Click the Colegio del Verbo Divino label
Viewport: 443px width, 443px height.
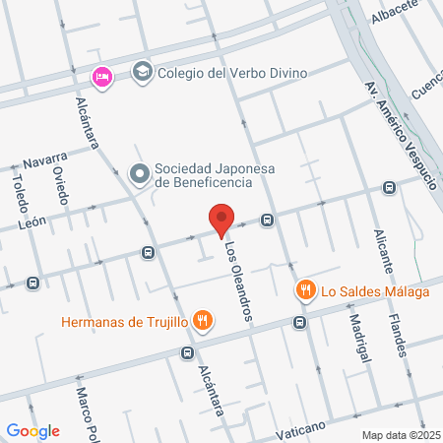click(233, 71)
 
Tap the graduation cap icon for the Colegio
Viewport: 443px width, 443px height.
click(143, 71)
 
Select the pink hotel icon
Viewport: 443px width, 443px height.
click(101, 77)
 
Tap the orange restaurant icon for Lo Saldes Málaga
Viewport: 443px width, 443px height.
click(306, 290)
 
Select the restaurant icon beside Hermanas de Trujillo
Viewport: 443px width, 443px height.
click(202, 320)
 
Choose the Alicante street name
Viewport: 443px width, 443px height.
click(385, 250)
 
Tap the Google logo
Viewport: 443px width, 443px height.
click(32, 430)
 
